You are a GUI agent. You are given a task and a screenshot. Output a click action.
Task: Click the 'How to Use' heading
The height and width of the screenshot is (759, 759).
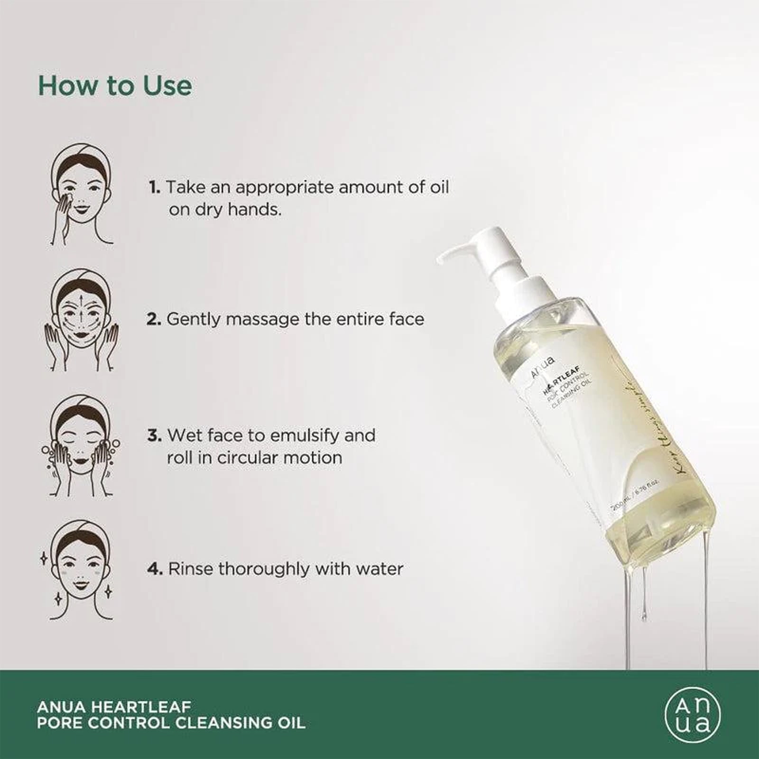pyautogui.click(x=115, y=86)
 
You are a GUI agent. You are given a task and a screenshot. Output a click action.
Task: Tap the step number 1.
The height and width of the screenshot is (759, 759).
pyautogui.click(x=154, y=187)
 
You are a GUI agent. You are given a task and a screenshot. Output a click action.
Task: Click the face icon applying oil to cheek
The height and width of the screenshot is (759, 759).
pyautogui.click(x=81, y=194)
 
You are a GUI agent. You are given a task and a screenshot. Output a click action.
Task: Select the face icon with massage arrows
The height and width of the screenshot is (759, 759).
pyautogui.click(x=81, y=320)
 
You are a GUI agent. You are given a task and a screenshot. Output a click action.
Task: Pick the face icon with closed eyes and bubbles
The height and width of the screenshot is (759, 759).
pyautogui.click(x=81, y=445)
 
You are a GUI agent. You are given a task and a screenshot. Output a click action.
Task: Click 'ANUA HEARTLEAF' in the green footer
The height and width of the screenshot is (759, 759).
pyautogui.click(x=114, y=707)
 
